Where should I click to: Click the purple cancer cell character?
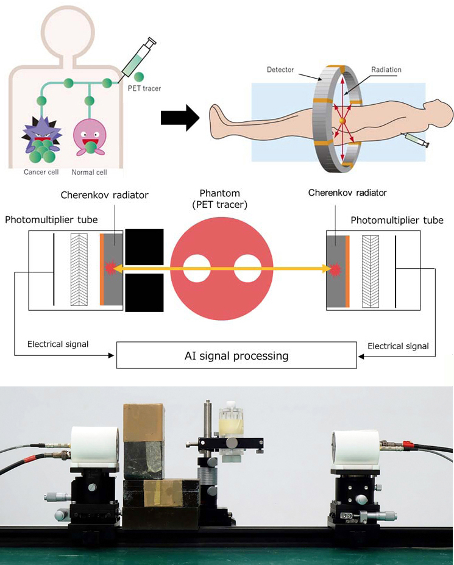tap(40, 138)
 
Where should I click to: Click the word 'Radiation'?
tap(386, 69)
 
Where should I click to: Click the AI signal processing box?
tap(236, 355)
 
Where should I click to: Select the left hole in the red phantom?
tap(197, 269)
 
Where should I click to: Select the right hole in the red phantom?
tap(247, 269)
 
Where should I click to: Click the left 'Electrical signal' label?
tap(58, 344)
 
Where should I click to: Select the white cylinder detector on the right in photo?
tap(356, 450)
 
